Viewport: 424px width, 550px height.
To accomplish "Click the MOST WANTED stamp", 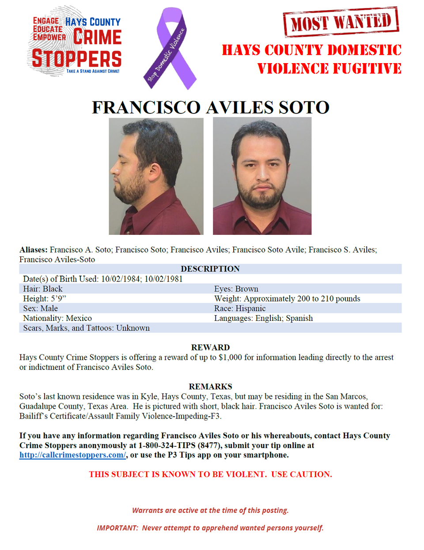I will [341, 21].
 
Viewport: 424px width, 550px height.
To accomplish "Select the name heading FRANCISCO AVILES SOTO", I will [211, 107].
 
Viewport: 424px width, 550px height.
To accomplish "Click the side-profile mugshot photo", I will [156, 176].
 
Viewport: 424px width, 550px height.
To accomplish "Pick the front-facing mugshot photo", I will [262, 176].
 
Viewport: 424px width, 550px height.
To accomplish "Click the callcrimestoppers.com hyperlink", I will [73, 455].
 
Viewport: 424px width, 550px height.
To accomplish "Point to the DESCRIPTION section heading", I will [210, 269].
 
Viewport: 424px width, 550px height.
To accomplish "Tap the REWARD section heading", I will [210, 347].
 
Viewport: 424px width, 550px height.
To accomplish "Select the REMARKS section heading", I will [210, 386].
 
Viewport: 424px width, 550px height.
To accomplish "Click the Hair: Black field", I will [43, 289].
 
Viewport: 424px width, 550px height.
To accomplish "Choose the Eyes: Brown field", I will [236, 289].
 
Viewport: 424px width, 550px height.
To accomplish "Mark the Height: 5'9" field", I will [45, 298].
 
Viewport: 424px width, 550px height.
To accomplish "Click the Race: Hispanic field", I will [240, 308].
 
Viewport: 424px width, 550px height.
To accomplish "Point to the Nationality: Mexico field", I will [57, 318].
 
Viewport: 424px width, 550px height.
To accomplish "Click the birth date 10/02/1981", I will [163, 279].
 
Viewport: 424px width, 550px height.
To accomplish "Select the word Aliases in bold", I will [33, 249].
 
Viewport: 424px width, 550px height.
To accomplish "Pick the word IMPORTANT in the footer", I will [117, 528].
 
